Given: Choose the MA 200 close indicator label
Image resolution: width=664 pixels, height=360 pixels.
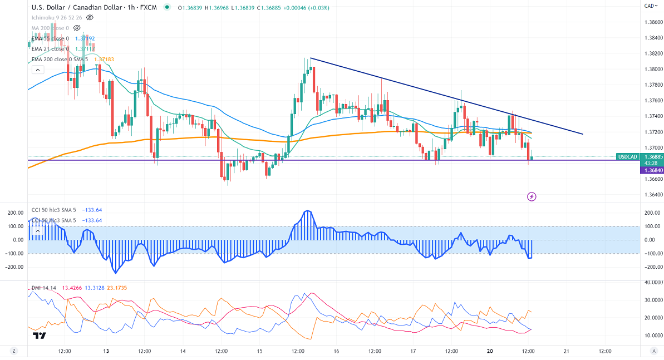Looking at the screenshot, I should (50, 28).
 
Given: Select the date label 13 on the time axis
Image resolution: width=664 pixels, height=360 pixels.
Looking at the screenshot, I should (106, 351).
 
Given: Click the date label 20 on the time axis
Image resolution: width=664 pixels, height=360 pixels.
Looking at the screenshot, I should (489, 351).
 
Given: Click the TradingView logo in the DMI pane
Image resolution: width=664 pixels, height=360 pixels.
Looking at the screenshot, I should (39, 336).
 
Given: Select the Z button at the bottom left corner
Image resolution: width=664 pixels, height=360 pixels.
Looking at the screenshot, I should (13, 351).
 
